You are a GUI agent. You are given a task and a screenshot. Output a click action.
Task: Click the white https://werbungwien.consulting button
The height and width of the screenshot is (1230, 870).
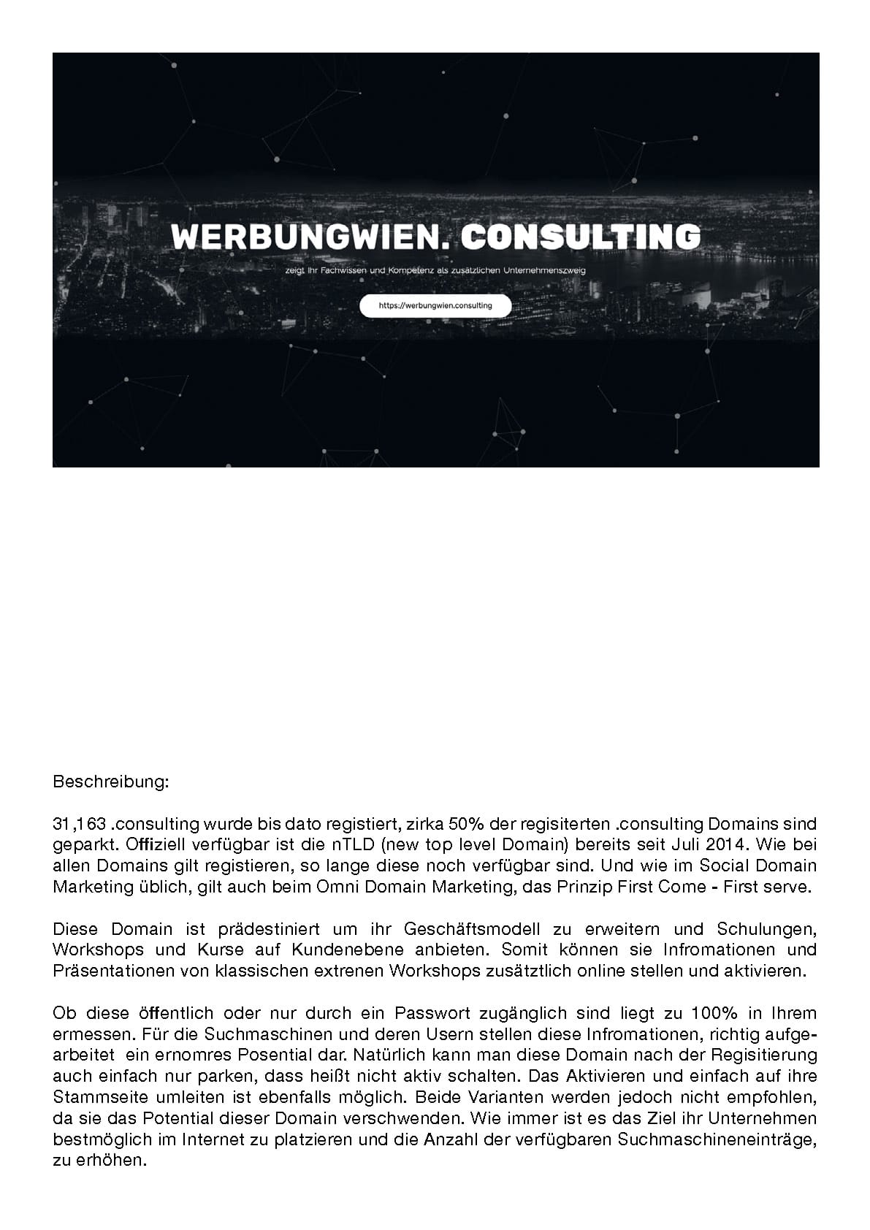tap(435, 306)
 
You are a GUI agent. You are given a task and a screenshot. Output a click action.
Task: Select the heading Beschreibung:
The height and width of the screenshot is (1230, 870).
tap(111, 782)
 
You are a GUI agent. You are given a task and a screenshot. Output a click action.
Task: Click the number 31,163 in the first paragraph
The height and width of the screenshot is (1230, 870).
tap(80, 825)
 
